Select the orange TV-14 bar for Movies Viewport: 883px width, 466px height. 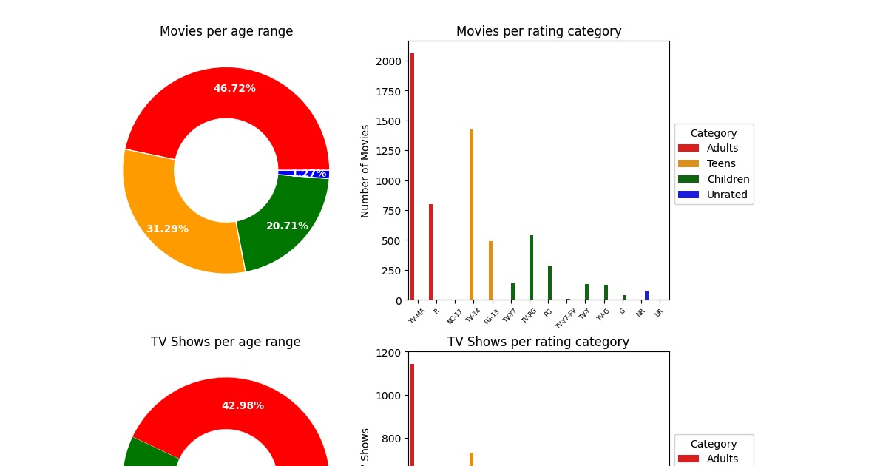(471, 215)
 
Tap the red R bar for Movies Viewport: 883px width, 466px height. (430, 251)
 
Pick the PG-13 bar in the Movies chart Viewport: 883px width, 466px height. (490, 270)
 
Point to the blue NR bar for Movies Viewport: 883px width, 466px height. (646, 295)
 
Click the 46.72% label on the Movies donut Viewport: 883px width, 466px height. (234, 88)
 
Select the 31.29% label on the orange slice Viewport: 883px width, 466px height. (167, 229)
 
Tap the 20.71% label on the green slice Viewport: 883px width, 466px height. (287, 226)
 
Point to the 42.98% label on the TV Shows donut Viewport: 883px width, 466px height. (243, 405)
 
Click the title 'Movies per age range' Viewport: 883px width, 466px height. (226, 31)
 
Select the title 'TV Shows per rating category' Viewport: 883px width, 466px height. (538, 342)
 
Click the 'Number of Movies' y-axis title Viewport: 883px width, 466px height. (365, 171)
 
